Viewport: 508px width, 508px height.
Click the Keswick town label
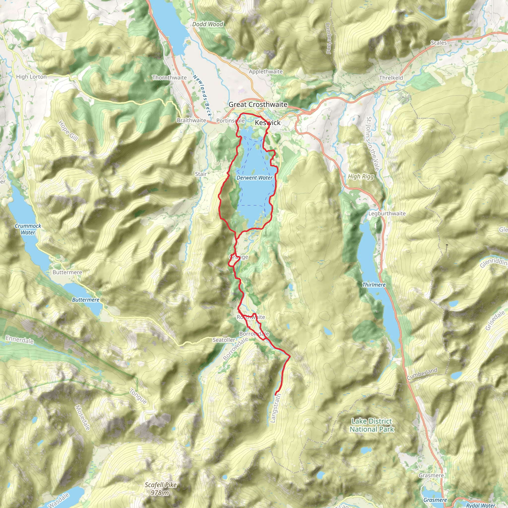[267, 123]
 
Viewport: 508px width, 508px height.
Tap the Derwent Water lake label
[254, 178]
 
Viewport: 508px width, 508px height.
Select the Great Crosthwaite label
[258, 104]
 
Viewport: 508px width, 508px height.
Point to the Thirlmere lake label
[374, 285]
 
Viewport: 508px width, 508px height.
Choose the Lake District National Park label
[372, 425]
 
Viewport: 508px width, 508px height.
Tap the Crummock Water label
[28, 229]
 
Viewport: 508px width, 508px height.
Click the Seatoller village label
[223, 340]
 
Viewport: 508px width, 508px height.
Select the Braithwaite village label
[191, 120]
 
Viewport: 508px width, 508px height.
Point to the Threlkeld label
[391, 78]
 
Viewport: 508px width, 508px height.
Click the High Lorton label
[31, 77]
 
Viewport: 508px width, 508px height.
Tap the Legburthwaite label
[386, 214]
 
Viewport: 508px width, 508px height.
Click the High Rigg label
[361, 176]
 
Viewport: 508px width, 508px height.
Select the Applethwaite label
[266, 71]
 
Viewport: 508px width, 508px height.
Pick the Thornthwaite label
[169, 78]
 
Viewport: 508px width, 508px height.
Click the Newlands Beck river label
[202, 95]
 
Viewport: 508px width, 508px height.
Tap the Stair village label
[201, 174]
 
